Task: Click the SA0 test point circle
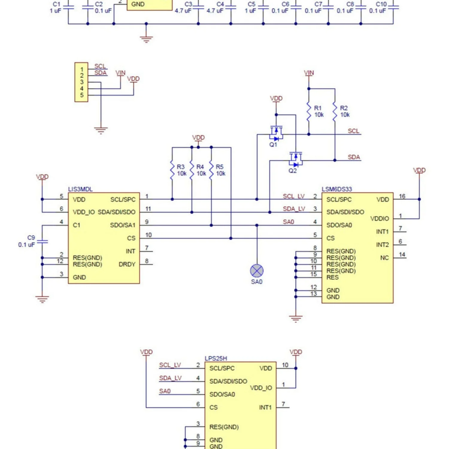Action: [x=257, y=271]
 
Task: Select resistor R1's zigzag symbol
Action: [x=309, y=111]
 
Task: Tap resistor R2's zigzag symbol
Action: [x=335, y=111]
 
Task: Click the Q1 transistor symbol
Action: [x=276, y=134]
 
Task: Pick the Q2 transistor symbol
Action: [x=295, y=160]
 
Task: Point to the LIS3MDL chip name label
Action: [x=80, y=189]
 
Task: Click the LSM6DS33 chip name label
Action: [x=337, y=189]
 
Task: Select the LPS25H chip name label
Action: [x=216, y=358]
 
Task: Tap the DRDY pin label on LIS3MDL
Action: [x=127, y=264]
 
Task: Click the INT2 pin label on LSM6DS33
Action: [x=382, y=245]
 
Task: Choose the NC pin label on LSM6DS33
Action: [x=384, y=258]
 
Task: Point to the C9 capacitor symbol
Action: [x=42, y=241]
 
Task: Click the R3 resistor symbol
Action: [x=172, y=170]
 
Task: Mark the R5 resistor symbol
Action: [x=211, y=170]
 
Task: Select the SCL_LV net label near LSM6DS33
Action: [x=294, y=196]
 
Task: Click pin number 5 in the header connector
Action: [x=82, y=95]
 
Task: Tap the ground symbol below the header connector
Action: [x=101, y=131]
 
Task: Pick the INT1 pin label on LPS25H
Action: [x=265, y=407]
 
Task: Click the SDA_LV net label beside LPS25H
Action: [x=170, y=378]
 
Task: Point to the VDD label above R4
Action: [x=198, y=137]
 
